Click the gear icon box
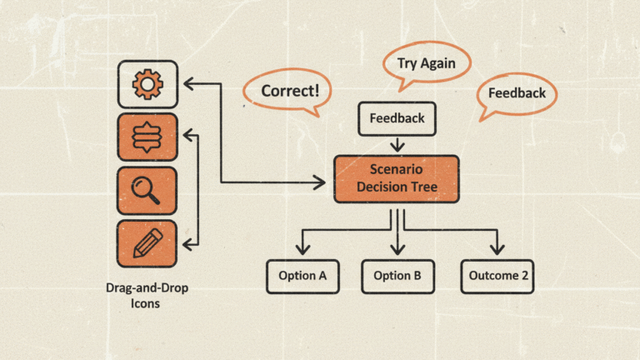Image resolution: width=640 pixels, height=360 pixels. point(147,83)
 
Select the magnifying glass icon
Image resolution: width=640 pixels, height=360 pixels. point(147,191)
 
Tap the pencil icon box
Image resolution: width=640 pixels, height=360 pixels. point(147,244)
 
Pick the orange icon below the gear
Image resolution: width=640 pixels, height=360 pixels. point(147,137)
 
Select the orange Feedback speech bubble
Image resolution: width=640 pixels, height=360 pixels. point(517,92)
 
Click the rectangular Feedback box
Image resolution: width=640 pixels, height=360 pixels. point(397,117)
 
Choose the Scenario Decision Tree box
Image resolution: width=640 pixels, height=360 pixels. point(397,178)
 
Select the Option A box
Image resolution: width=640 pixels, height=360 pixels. point(302,276)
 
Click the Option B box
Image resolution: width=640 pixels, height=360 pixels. point(397,276)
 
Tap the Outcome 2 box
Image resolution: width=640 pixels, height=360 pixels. point(497,276)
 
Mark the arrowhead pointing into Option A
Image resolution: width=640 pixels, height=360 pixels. point(302,248)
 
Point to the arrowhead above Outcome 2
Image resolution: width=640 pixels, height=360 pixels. point(497,248)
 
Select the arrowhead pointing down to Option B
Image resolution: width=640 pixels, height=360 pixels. point(397,248)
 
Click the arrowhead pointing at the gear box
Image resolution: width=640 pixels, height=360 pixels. point(189,82)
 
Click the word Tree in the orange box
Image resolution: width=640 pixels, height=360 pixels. point(421,187)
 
